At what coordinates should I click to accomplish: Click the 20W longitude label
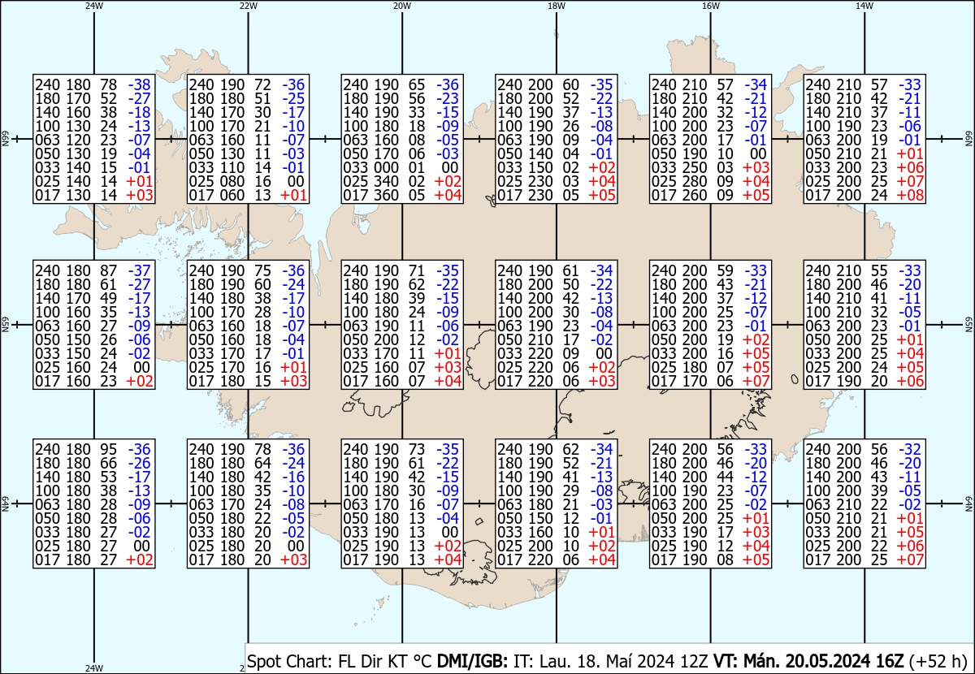click(401, 6)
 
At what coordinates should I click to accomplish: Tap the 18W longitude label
click(557, 6)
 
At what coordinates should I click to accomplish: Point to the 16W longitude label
click(711, 6)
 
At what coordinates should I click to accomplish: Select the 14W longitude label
click(864, 6)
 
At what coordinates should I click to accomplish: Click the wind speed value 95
click(109, 449)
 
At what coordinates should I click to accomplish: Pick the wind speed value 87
click(109, 270)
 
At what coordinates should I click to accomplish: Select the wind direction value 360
click(387, 195)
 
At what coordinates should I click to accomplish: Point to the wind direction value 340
click(387, 181)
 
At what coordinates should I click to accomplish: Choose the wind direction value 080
click(232, 181)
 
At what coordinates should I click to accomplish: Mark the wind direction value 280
click(695, 181)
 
